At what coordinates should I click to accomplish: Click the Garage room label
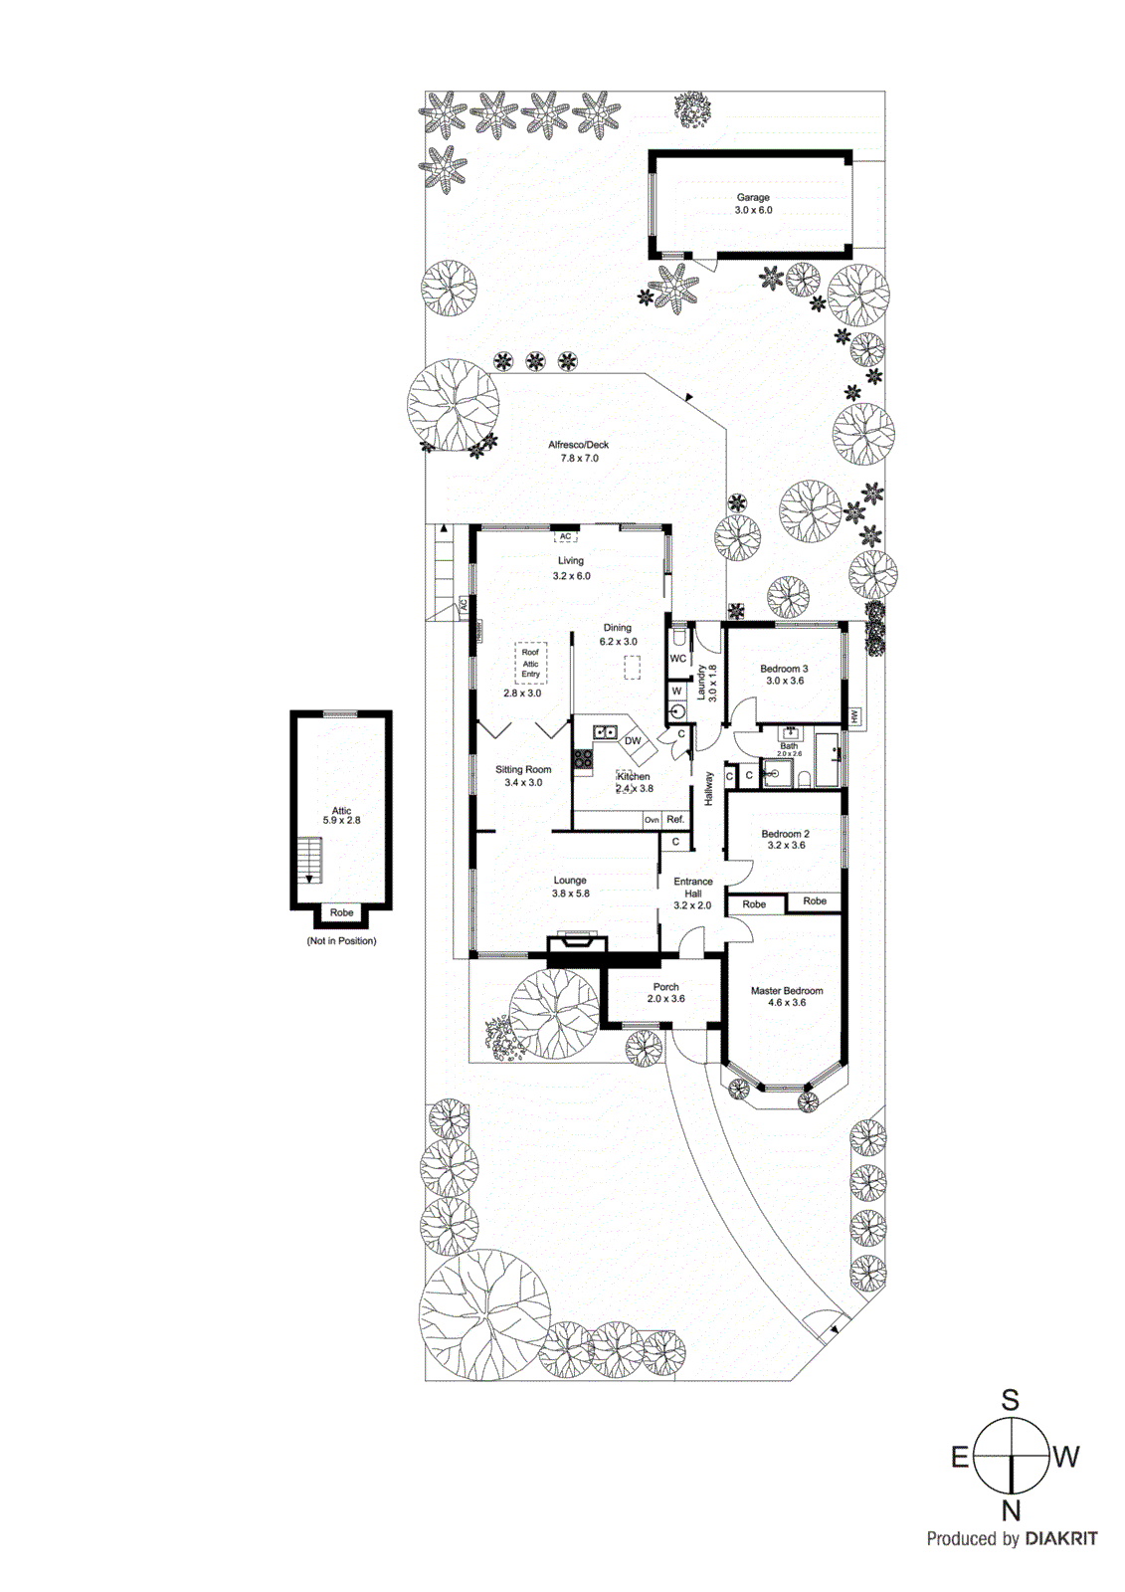[753, 198]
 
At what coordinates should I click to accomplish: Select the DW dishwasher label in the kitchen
[633, 741]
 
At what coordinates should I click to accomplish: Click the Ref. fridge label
[675, 820]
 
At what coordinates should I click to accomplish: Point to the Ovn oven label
[652, 820]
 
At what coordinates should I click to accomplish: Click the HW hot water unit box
[854, 716]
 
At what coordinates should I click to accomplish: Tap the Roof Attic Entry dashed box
[530, 663]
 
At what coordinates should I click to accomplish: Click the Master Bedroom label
[787, 991]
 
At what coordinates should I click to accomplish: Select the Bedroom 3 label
[784, 669]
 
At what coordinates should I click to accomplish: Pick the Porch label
[665, 987]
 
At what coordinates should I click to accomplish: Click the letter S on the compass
[1010, 1401]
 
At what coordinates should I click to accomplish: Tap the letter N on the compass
[1011, 1511]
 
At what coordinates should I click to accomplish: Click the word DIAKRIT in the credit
[1061, 1539]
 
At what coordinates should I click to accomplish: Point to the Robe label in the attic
[341, 912]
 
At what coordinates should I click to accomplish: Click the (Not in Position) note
[341, 941]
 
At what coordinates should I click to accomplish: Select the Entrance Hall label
[693, 888]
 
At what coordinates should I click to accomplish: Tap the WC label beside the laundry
[678, 659]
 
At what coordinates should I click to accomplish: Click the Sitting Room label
[523, 770]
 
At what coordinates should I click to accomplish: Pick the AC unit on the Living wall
[565, 536]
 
